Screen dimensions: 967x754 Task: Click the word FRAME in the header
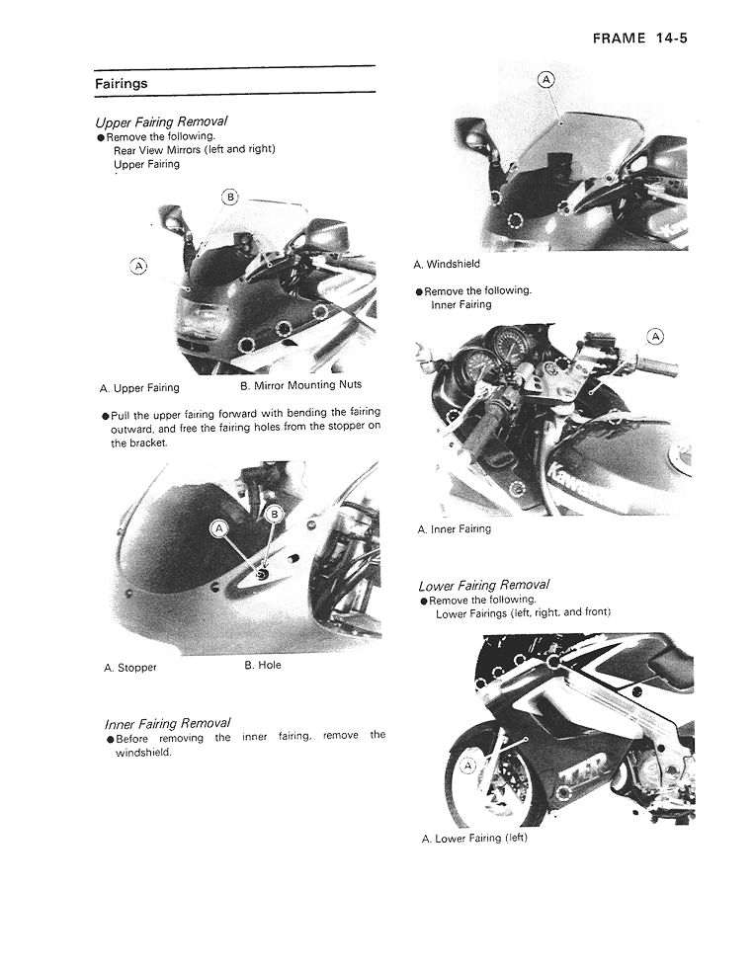point(619,39)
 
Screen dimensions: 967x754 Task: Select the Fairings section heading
point(121,84)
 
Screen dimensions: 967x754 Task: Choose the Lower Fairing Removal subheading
point(483,585)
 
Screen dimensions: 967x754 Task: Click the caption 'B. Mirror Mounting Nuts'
point(301,385)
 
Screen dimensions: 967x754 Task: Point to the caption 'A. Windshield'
point(447,264)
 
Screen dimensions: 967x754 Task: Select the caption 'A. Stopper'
point(130,668)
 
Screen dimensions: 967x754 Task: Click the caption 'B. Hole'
point(263,665)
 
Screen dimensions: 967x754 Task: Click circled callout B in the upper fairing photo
point(230,197)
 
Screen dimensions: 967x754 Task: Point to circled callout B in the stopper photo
point(276,513)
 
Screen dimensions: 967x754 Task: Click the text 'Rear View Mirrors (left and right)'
point(194,150)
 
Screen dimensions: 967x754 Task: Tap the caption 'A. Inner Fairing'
point(454,529)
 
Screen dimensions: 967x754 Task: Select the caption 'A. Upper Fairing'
point(139,388)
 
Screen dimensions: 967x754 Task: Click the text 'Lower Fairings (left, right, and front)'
point(523,613)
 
